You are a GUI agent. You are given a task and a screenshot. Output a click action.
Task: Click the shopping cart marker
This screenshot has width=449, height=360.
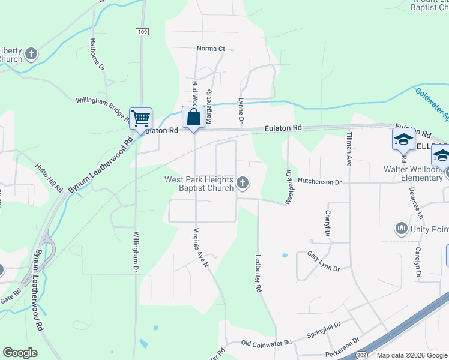[140, 118]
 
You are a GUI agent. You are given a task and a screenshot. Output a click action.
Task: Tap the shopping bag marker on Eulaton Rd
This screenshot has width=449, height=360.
[193, 117]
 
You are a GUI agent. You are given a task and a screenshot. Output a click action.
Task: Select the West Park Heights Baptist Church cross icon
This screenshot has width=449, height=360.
[243, 183]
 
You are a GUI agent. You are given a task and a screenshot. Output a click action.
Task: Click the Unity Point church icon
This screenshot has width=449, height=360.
[401, 228]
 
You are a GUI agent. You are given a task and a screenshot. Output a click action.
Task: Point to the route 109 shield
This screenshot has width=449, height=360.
[142, 32]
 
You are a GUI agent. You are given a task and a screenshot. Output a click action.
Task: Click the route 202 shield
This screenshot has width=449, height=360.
[363, 355]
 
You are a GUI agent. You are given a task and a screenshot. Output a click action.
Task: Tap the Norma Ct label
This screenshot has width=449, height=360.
[211, 49]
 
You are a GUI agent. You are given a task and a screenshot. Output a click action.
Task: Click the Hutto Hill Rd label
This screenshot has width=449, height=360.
[49, 177]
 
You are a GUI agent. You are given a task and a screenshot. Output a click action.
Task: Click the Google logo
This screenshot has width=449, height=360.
[20, 353]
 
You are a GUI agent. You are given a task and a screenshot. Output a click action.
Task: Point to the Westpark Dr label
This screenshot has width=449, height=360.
[288, 187]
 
